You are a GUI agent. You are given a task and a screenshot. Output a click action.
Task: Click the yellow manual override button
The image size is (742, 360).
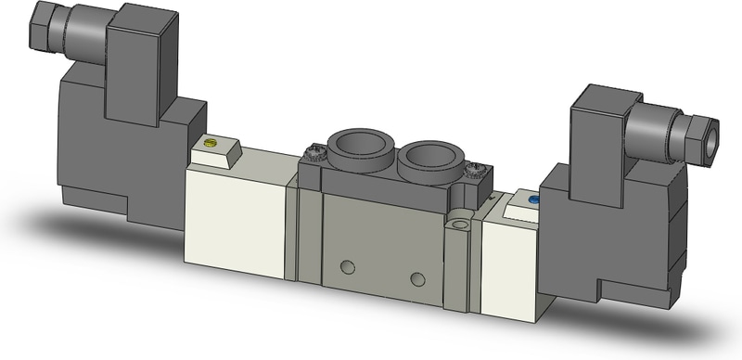coord(210,143)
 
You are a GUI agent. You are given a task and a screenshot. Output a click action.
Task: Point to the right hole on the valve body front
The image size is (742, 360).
coord(417,278)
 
